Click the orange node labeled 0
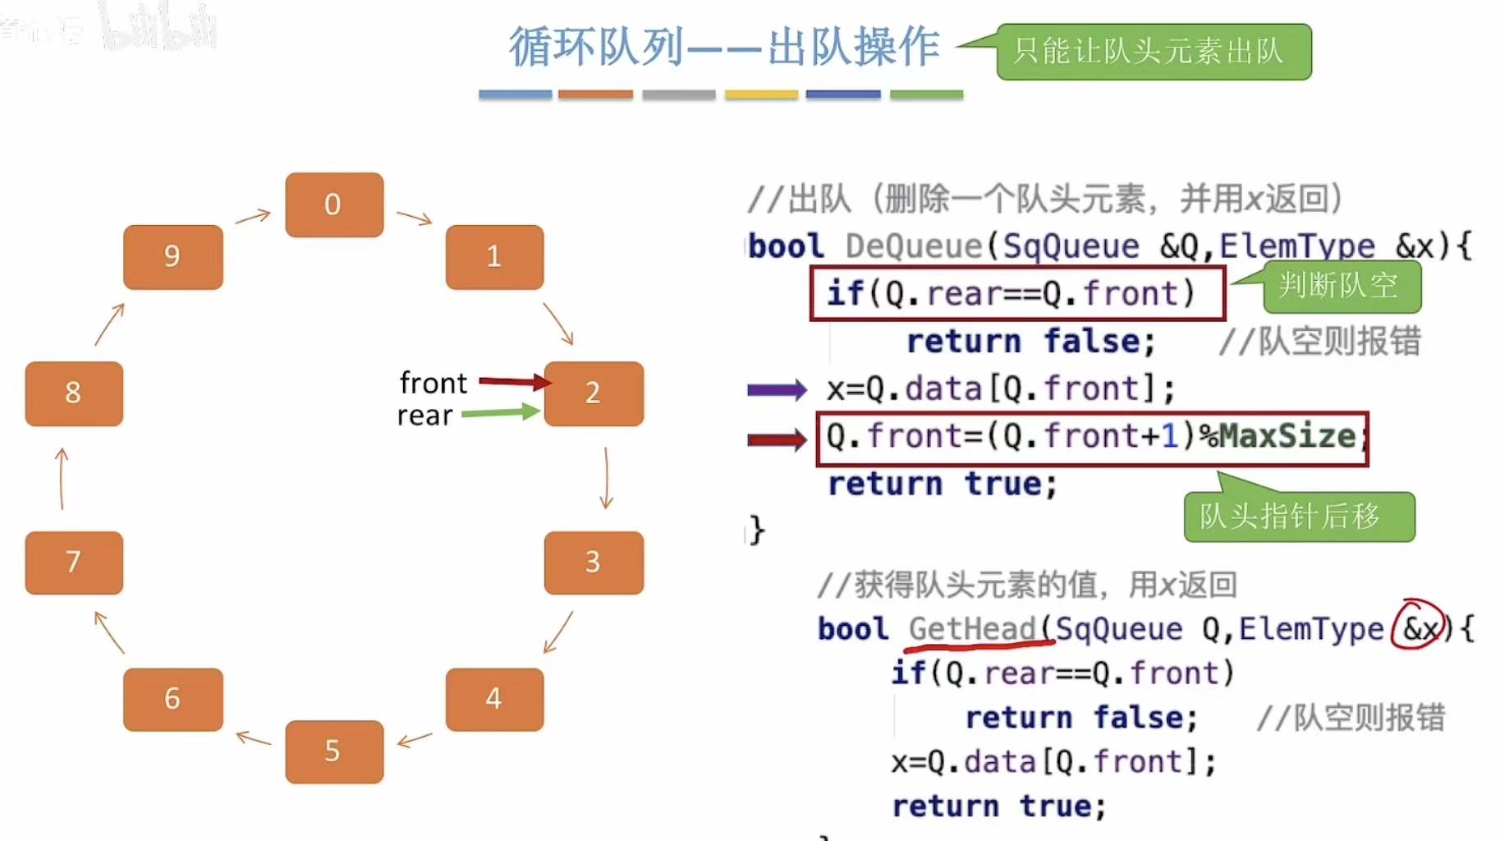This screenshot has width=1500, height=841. pos(334,205)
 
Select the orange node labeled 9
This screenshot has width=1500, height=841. pos(172,256)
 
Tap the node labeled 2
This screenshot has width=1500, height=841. pos(594,393)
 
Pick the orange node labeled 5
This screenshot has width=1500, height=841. pos(334,751)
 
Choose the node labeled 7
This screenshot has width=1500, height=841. pos(74,563)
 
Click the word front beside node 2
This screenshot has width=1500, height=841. pos(433,383)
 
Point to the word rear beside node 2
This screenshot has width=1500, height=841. pos(424,416)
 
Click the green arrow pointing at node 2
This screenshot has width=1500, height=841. pos(500,412)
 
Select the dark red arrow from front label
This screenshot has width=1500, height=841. pos(515,381)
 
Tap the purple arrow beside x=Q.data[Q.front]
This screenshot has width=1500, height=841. pos(777,389)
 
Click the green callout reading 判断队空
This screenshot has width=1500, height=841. pos(1341,287)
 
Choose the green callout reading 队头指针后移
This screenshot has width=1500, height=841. pos(1298,517)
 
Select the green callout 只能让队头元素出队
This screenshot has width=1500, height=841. pos(1153,52)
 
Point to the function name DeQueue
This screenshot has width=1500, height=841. pos(913,246)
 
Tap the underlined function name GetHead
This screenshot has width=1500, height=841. pos(972,629)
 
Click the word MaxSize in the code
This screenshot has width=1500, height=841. pos(1287,436)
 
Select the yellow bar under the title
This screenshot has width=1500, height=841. pos(761,94)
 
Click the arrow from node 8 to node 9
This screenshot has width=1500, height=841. pos(109,324)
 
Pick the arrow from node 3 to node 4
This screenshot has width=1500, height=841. pos(558,632)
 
